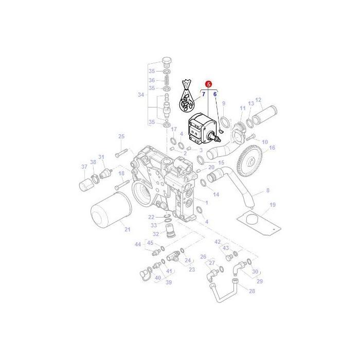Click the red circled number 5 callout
pyautogui.click(x=208, y=83)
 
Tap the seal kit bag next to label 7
pyautogui.click(x=186, y=98)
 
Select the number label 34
pyautogui.click(x=141, y=95)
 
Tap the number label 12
pyautogui.click(x=258, y=100)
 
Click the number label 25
pyautogui.click(x=122, y=136)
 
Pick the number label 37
pyautogui.click(x=84, y=166)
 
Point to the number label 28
pyautogui.click(x=251, y=291)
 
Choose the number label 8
pyautogui.click(x=267, y=191)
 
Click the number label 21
pyautogui.click(x=127, y=229)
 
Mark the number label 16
pyautogui.click(x=272, y=148)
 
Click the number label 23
pyautogui.click(x=192, y=269)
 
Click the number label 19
pyautogui.click(x=272, y=205)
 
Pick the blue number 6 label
pyautogui.click(x=215, y=95)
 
